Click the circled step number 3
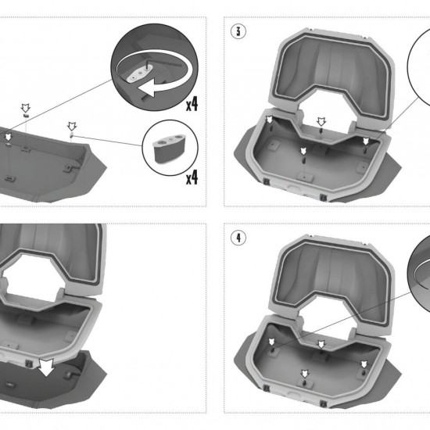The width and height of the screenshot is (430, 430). click(x=238, y=31)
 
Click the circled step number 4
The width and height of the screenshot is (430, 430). click(x=238, y=238)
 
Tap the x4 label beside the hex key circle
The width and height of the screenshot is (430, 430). click(x=192, y=104)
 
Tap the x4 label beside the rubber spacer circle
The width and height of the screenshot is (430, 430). click(x=192, y=177)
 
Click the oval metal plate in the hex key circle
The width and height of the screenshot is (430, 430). click(x=138, y=74)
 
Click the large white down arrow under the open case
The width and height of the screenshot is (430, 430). click(x=47, y=367)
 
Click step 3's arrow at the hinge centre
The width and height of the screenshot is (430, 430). click(x=321, y=121)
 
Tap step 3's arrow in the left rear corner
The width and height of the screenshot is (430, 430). click(x=270, y=120)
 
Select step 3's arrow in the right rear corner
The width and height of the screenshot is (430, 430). click(x=366, y=142)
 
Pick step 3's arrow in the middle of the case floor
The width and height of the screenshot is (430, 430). click(x=303, y=151)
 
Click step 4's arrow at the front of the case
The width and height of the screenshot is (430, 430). click(x=305, y=374)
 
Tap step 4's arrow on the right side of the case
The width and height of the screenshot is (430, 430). click(x=364, y=364)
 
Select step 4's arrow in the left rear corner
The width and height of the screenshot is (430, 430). click(x=271, y=342)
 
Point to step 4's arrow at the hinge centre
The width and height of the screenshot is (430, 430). click(x=321, y=344)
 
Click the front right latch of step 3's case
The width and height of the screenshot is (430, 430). click(x=323, y=197)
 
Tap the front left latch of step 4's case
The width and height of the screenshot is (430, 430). click(x=266, y=389)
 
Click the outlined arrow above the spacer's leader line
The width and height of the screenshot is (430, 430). click(x=72, y=127)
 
